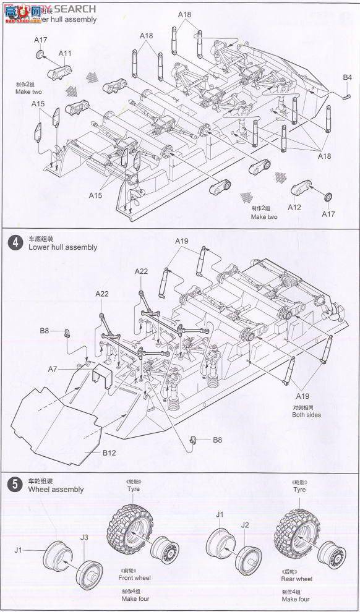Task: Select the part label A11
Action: (65, 53)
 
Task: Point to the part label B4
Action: (348, 77)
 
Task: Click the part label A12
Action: (294, 207)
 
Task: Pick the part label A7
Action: (53, 369)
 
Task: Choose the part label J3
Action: (84, 537)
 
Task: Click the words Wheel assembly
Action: (56, 490)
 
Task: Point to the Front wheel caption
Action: (134, 578)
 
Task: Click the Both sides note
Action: (307, 415)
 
